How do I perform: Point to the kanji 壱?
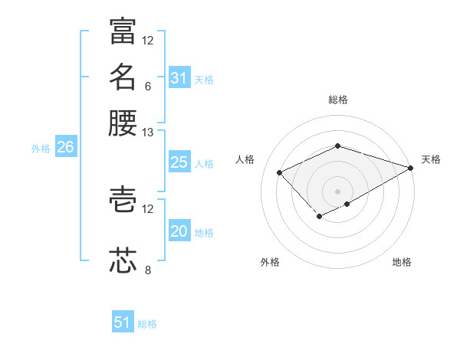pos(123,199)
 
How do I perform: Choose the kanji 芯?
pos(123,260)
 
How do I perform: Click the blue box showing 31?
pos(179,77)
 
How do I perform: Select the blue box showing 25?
pos(179,162)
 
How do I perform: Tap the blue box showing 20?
pos(179,232)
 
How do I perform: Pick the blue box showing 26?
pos(65,148)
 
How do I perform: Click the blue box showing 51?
pos(122,322)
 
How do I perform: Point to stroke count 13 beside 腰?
pos(147,132)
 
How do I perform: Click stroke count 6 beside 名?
pos(147,86)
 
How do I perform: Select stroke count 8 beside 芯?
pos(147,270)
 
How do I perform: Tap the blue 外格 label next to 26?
pos(41,149)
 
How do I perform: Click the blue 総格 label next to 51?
pos(147,324)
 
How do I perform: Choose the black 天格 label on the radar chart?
pos(431,159)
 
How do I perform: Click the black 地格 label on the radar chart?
pos(402,262)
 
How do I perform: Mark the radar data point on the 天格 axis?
pos(411,167)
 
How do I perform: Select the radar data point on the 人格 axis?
pos(280,173)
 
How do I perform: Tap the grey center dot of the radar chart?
pos(337,191)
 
